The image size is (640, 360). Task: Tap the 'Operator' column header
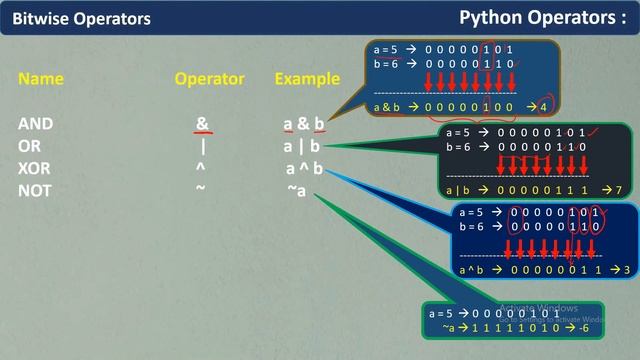tap(209, 78)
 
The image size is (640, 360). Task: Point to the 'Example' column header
tap(308, 78)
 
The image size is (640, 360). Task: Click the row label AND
tap(35, 124)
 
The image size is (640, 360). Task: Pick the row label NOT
tap(35, 190)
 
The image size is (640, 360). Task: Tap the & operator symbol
tap(202, 124)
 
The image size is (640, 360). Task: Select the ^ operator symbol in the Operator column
tap(201, 166)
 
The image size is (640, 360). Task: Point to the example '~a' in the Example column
tap(296, 190)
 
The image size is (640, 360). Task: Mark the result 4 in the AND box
tap(542, 105)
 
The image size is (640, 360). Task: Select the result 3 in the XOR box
tap(626, 270)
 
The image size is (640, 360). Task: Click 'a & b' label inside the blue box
tap(385, 105)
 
